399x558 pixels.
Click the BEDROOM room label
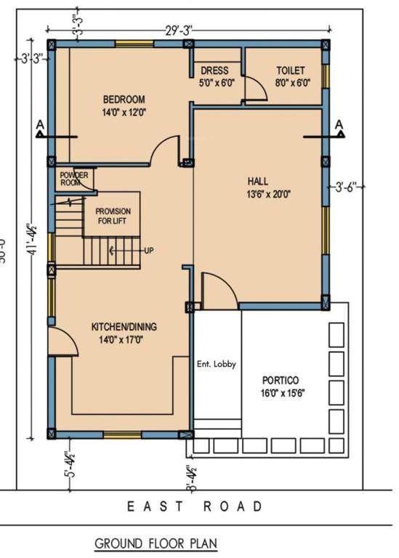pos(124,100)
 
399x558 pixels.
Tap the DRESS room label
pos(214,71)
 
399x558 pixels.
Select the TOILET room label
pos(290,71)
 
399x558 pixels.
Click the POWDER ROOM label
pos(74,179)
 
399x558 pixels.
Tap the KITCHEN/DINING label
pos(124,326)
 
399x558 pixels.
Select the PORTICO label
pos(281,380)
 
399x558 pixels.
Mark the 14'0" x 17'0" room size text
pos(124,339)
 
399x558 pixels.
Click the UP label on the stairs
pos(148,251)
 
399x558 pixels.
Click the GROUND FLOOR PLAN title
pos(156,543)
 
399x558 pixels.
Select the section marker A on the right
pos(338,126)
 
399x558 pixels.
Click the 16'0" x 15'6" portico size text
pos(281,393)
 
